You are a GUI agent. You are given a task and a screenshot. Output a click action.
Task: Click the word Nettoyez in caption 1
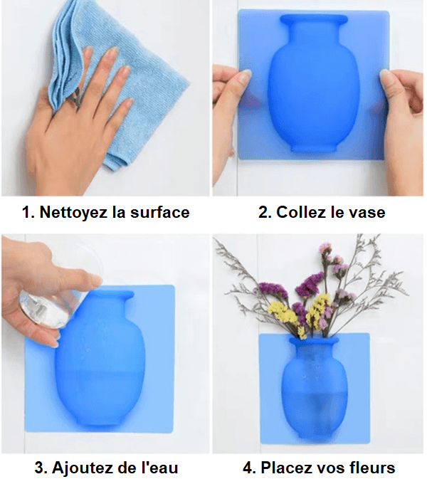click(69, 212)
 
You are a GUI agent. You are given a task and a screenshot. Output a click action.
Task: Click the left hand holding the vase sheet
click(229, 107)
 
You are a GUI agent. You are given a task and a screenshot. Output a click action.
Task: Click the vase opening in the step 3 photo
click(107, 294)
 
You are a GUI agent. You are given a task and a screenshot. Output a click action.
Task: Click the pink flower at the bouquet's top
click(325, 248)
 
